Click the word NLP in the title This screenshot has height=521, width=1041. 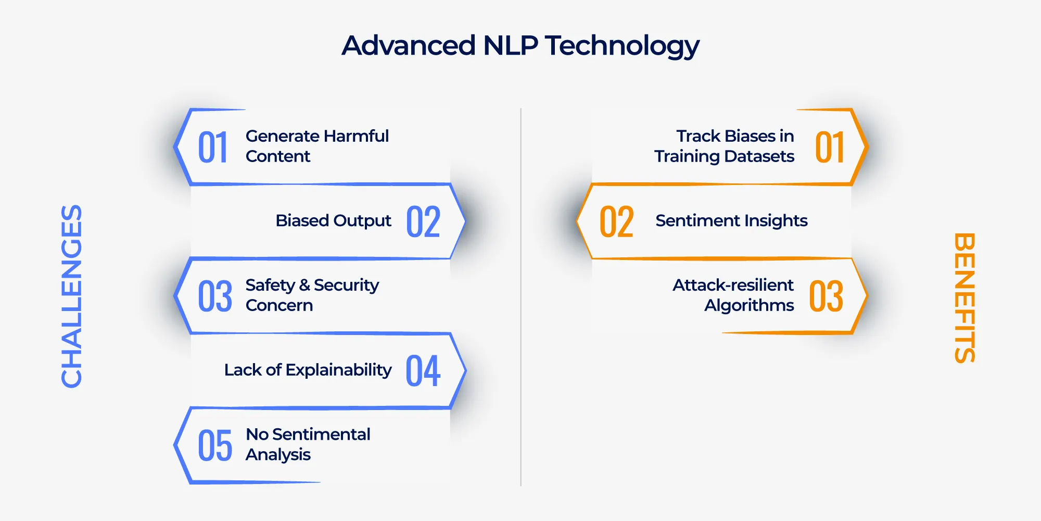coord(510,45)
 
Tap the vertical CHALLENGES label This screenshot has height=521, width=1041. coord(72,296)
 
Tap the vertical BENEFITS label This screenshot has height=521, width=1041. coord(964,297)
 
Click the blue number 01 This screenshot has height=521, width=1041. coord(213,147)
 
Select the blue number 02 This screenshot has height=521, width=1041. coord(423,222)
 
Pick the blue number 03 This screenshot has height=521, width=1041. coord(214,296)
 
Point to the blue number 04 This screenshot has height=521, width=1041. coord(423,371)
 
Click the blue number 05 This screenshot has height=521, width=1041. coord(214,445)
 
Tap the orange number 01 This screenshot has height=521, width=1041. coord(829,147)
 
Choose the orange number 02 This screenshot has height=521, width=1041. coord(616,222)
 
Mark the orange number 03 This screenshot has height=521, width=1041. coord(826,296)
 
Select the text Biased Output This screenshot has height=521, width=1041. coord(333,221)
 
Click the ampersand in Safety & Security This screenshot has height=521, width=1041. coord(304,285)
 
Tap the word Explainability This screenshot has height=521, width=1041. coord(338,370)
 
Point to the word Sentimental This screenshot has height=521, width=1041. coord(321,434)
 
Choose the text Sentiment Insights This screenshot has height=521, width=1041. coord(731,221)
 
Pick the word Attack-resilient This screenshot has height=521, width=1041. coord(733,285)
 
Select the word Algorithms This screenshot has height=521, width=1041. coord(749,306)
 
